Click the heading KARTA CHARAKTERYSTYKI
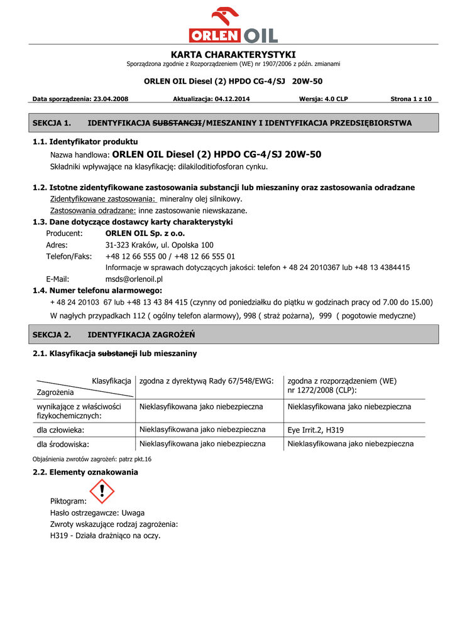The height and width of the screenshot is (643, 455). (x=233, y=55)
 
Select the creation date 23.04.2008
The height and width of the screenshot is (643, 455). (x=111, y=99)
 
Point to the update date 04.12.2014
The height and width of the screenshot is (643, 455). (x=232, y=99)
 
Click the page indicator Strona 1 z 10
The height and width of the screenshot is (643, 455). (x=411, y=99)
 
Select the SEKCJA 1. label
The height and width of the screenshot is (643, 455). (x=52, y=123)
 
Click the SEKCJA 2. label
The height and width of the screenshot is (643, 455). (x=52, y=335)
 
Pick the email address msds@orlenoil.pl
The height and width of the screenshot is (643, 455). (x=134, y=279)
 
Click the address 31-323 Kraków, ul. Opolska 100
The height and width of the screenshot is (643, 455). (x=159, y=245)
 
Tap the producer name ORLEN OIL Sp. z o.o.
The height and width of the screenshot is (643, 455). (x=145, y=234)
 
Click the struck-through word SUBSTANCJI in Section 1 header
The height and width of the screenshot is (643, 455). (x=178, y=123)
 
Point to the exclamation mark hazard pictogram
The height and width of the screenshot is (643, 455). (x=101, y=491)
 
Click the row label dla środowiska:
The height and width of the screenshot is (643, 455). (x=63, y=444)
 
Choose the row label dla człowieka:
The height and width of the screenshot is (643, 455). (x=60, y=430)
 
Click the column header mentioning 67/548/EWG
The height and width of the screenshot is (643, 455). (x=206, y=381)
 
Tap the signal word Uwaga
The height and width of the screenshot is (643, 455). (x=133, y=513)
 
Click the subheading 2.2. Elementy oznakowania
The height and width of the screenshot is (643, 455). (x=85, y=472)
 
